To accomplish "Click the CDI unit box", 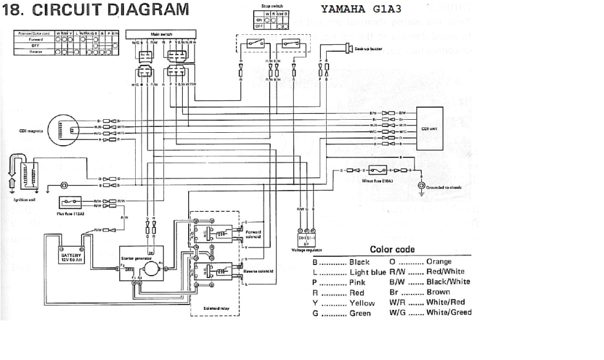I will point(429,128).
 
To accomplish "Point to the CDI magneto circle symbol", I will point(64,129).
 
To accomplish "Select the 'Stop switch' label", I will point(271,5).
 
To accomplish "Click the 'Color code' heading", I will point(392,250).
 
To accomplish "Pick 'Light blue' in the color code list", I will point(367,272).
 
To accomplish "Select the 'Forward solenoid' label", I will point(253,234).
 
